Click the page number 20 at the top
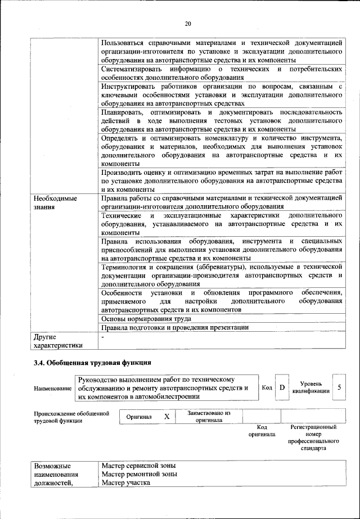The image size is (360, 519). [x=188, y=23]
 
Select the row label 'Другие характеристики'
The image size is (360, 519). [x=58, y=341]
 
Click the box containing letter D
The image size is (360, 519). [x=282, y=387]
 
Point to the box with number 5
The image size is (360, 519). [x=339, y=387]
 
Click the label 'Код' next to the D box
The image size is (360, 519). [x=267, y=387]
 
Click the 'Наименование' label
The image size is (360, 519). [x=53, y=389]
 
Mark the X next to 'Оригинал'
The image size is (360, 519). [x=166, y=417]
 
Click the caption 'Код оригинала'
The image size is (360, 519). [x=262, y=431]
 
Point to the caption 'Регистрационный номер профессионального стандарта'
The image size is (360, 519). [x=313, y=437]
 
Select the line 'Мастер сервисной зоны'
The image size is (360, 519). [x=138, y=466]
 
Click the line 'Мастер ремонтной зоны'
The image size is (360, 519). [x=139, y=474]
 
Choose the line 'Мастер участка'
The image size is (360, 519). [x=126, y=482]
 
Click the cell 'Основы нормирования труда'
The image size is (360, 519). [x=146, y=318]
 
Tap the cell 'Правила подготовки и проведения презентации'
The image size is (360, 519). [x=174, y=327]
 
